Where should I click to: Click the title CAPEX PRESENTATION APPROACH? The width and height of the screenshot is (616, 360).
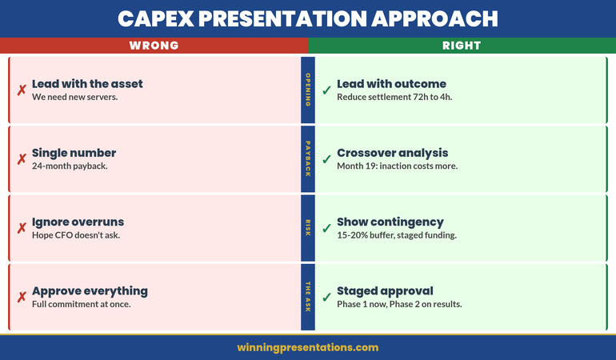point(307,18)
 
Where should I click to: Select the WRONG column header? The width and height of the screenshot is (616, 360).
point(154,46)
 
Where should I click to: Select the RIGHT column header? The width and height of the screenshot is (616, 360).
point(462,46)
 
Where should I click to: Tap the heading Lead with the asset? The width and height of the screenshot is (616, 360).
point(87,84)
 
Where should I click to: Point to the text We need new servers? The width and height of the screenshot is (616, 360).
point(75,98)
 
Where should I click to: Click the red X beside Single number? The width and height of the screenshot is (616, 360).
point(22,159)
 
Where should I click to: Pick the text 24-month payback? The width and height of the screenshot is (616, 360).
point(70,166)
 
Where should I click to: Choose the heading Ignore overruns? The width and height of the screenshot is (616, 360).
point(78,222)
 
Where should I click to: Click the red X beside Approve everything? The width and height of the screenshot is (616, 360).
point(22,298)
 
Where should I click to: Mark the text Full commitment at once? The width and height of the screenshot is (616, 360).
point(81,305)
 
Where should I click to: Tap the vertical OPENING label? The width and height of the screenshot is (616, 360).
point(308,90)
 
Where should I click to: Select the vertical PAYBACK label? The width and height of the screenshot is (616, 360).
point(308,159)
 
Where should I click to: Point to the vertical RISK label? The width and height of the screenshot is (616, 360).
point(308,228)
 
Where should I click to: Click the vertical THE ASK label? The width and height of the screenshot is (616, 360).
point(308,297)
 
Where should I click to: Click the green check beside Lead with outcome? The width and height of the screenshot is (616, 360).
point(326,90)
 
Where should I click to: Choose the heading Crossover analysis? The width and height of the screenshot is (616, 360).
point(392,153)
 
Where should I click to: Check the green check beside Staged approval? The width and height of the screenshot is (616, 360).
point(326,298)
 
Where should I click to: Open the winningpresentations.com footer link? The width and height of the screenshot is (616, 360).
point(307,347)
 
